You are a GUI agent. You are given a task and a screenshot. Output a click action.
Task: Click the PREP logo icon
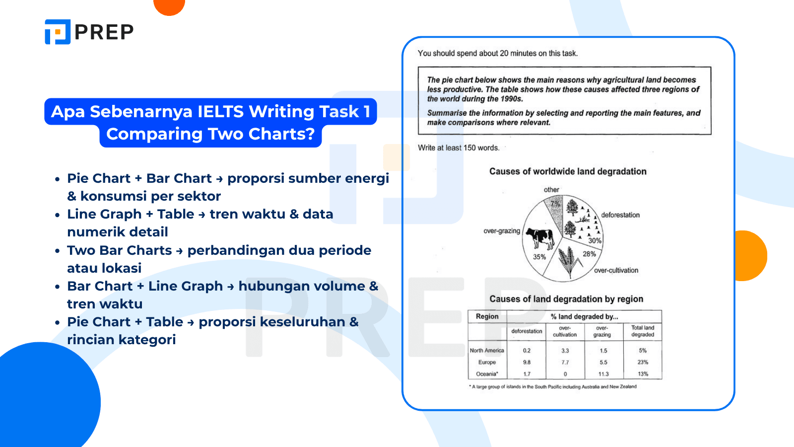58,32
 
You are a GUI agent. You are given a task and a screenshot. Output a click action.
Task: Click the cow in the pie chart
540,238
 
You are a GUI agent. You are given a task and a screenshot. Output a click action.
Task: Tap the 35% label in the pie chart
539,257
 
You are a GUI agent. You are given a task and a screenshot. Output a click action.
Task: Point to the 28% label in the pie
589,254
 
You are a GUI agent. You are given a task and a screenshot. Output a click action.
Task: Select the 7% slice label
555,204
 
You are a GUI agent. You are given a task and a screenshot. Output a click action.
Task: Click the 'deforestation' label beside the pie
620,215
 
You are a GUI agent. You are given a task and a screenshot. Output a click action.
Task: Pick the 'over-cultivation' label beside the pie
616,270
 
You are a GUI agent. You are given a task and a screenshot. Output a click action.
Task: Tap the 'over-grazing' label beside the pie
502,231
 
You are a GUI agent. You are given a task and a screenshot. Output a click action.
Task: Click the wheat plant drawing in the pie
569,262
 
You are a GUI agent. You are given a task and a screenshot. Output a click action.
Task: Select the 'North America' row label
487,351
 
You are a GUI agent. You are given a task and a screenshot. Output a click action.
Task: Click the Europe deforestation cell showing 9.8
527,363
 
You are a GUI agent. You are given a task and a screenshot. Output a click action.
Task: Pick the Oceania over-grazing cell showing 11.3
603,374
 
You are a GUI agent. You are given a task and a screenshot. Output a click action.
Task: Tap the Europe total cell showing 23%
643,363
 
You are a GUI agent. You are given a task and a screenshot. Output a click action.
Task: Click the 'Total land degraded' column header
643,331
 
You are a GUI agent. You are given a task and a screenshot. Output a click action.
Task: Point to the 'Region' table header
487,316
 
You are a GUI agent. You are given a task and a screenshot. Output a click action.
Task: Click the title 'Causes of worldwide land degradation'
568,171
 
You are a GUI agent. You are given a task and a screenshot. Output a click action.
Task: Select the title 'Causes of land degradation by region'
566,299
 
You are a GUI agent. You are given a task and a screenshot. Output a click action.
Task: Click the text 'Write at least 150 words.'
459,148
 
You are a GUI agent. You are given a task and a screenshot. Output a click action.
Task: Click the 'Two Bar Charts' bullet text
120,250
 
